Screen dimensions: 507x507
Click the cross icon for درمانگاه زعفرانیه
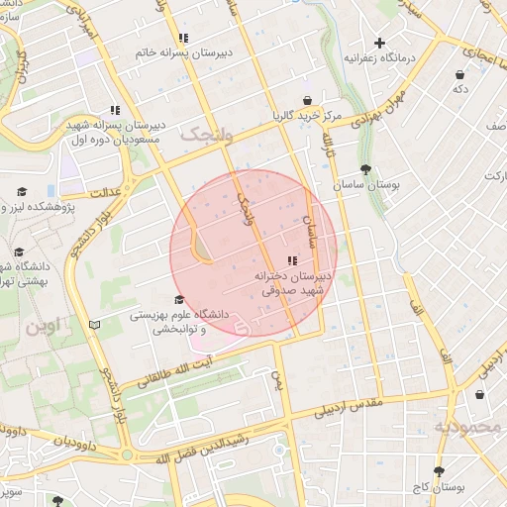click(x=379, y=43)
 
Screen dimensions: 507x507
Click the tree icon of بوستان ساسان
click(x=366, y=169)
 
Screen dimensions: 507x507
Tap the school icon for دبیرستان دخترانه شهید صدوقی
click(x=290, y=260)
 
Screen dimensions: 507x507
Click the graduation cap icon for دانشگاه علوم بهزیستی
click(x=178, y=300)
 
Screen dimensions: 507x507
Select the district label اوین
click(x=44, y=324)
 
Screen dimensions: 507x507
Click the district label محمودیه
click(x=467, y=427)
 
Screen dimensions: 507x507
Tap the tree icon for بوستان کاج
click(x=437, y=473)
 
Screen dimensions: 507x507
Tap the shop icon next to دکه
click(x=459, y=74)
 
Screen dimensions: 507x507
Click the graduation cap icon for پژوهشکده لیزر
click(x=21, y=192)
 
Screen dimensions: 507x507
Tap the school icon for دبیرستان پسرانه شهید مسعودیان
click(x=115, y=110)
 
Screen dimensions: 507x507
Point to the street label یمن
click(x=277, y=377)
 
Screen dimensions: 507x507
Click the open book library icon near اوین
click(x=95, y=324)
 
